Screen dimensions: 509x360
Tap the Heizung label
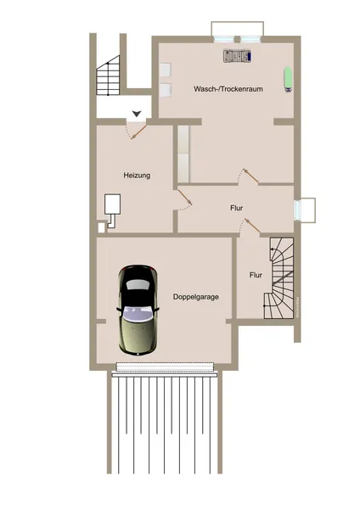137,176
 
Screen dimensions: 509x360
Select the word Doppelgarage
196,297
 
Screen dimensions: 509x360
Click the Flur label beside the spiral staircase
256,275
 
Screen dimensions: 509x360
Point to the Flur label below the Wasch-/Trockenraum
237,208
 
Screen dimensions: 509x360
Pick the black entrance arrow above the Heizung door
137,113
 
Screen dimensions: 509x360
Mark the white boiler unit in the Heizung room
112,204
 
